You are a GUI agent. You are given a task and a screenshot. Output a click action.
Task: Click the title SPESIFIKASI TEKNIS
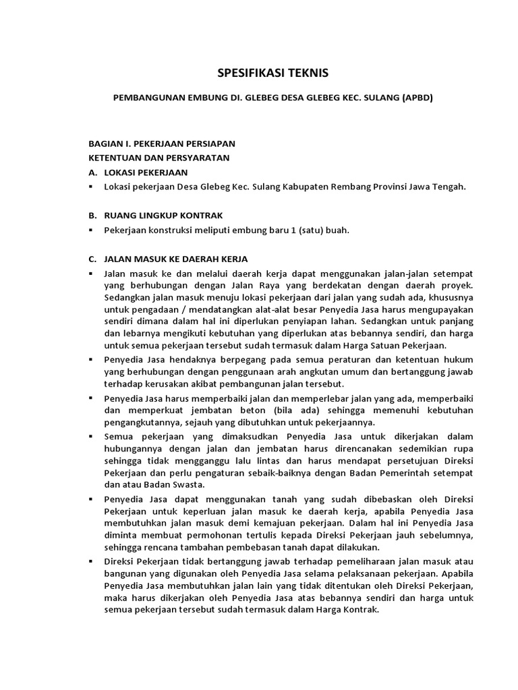[259, 72]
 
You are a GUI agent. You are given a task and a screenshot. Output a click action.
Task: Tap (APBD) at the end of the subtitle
[417, 97]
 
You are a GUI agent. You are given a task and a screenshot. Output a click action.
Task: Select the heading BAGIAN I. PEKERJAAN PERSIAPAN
[163, 144]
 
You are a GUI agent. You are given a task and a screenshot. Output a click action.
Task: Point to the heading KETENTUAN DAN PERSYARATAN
[159, 158]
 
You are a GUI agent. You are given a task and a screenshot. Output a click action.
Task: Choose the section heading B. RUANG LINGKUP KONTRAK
[151, 215]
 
